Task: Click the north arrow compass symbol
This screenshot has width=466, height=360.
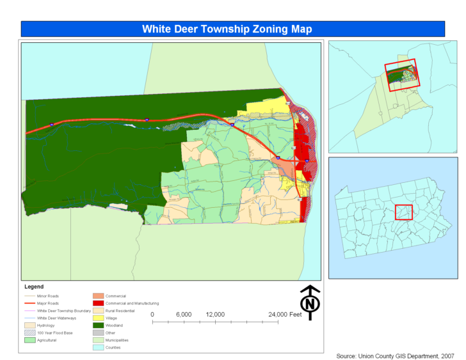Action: click(310, 302)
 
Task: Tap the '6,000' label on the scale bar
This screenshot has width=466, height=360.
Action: click(183, 315)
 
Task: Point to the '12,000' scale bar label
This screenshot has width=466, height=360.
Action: click(215, 315)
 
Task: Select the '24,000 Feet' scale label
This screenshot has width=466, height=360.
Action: click(286, 315)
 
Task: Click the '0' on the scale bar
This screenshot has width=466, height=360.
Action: click(152, 315)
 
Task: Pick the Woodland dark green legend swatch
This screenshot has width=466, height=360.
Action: click(98, 325)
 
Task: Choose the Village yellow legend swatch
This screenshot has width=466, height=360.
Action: click(98, 318)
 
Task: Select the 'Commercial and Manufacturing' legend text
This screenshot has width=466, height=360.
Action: click(132, 303)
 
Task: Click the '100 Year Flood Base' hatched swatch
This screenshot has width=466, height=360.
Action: click(29, 333)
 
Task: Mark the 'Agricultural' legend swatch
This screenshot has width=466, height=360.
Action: click(29, 340)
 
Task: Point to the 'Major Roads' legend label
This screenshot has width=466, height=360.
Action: click(48, 303)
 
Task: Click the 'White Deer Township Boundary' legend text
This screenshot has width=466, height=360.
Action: click(64, 311)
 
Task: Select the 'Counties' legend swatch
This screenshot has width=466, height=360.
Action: click(98, 347)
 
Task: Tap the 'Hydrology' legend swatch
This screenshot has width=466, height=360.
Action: click(29, 325)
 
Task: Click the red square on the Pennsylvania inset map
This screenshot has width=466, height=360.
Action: click(403, 212)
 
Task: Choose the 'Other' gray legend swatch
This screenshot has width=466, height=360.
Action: click(98, 333)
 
